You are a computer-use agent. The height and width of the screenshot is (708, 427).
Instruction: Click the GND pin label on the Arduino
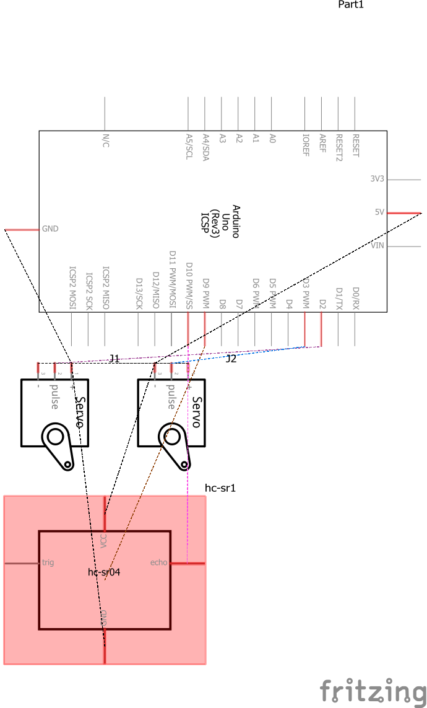[x=50, y=229]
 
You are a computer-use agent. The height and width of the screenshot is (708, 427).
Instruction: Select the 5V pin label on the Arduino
[x=379, y=212]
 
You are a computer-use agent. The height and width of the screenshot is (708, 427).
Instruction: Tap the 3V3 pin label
[x=377, y=178]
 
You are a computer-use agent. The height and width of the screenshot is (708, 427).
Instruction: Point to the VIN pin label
[x=377, y=246]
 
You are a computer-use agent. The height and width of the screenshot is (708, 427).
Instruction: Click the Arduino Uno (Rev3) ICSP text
[x=220, y=221]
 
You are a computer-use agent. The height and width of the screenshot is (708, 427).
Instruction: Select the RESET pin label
[x=355, y=146]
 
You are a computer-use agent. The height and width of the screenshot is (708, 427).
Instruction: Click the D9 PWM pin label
[x=205, y=291]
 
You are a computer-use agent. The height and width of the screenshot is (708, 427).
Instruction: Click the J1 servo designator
[x=114, y=358]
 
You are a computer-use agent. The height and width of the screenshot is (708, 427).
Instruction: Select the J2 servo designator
[x=231, y=359]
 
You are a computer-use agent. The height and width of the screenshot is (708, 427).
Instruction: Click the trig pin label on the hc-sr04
[x=48, y=562]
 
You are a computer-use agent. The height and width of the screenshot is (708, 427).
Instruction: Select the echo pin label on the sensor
[x=159, y=562]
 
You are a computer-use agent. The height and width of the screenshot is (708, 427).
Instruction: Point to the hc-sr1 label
[x=220, y=488]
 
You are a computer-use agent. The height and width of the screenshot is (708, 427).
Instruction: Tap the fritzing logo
[x=373, y=691]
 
